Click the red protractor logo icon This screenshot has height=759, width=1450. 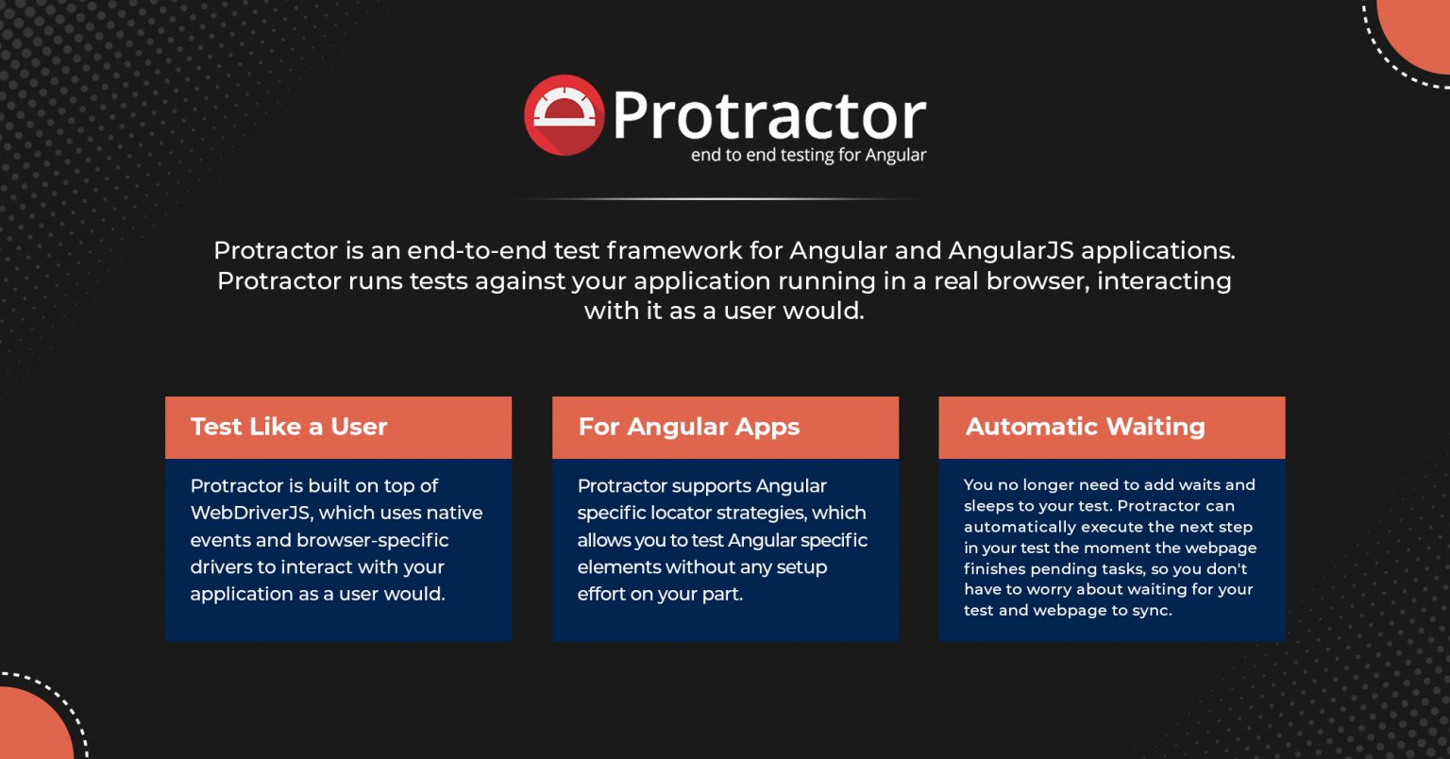pos(564,115)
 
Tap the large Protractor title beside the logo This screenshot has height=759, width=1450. pos(768,115)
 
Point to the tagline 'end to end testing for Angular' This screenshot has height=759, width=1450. pos(808,156)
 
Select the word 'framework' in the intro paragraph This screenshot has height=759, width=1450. pos(675,251)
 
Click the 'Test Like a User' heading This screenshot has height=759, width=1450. pos(289,427)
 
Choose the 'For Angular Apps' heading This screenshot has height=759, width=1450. pos(689,427)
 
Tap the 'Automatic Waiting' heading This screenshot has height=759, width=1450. pos(1086,427)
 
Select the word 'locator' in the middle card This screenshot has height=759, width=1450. pos(682,514)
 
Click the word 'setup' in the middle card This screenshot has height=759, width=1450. pos(802,567)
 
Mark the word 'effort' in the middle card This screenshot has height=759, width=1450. pos(604,595)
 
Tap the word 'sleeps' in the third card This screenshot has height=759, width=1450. pos(987,506)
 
